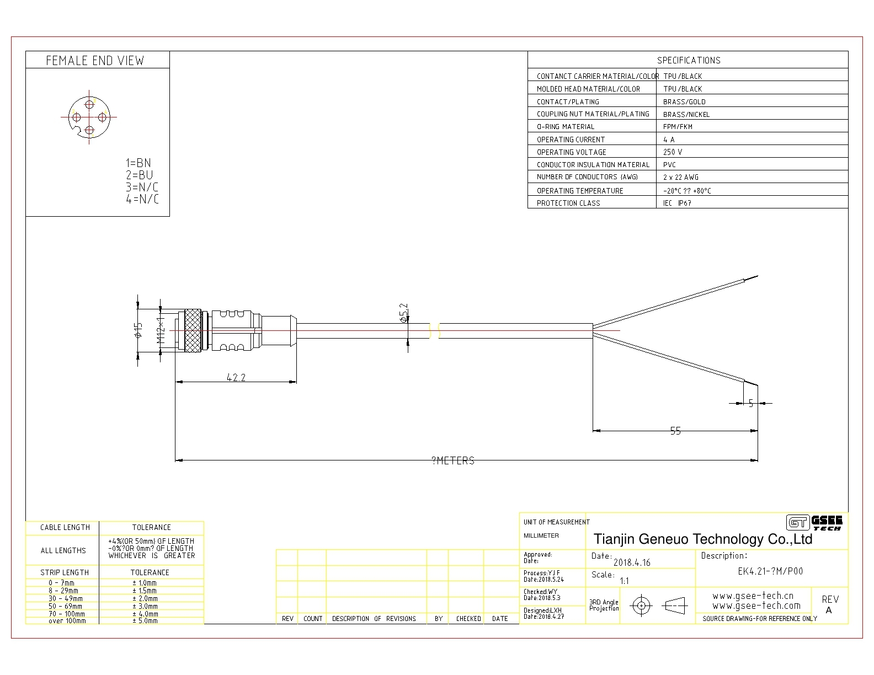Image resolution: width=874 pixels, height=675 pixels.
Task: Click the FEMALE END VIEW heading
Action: [x=95, y=60]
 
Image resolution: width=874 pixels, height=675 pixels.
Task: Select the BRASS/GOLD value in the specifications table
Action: [x=684, y=101]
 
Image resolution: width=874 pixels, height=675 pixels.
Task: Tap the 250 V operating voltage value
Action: [x=673, y=152]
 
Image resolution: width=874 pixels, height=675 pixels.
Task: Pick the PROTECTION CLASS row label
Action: [x=568, y=203]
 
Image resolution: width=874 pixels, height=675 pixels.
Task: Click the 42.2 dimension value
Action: [x=236, y=377]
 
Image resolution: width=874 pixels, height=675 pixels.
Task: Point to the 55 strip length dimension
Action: [x=676, y=431]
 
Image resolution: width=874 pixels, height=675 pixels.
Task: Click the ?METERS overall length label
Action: [x=454, y=460]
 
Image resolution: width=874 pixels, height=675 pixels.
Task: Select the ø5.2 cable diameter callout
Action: [x=404, y=313]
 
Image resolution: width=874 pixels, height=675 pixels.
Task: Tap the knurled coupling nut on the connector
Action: [x=192, y=330]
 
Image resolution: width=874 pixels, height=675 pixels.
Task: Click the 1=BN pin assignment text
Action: [x=138, y=163]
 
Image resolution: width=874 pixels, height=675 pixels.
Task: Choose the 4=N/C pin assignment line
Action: [x=142, y=199]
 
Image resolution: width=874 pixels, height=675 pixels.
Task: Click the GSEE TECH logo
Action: [x=814, y=523]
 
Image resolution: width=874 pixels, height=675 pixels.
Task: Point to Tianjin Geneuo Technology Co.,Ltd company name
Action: [x=703, y=539]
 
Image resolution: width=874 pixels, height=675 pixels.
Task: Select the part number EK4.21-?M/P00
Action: [x=770, y=571]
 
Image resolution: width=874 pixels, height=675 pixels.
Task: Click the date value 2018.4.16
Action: [x=632, y=562]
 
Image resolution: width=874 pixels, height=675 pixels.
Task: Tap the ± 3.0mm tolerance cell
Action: [x=145, y=606]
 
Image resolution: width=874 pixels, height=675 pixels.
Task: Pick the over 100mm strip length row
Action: [x=67, y=621]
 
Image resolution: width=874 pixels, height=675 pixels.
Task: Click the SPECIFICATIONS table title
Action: [x=689, y=60]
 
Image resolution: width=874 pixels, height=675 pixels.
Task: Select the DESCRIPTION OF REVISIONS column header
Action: [x=374, y=618]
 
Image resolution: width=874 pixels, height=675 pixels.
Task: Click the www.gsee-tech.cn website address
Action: [x=753, y=596]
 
